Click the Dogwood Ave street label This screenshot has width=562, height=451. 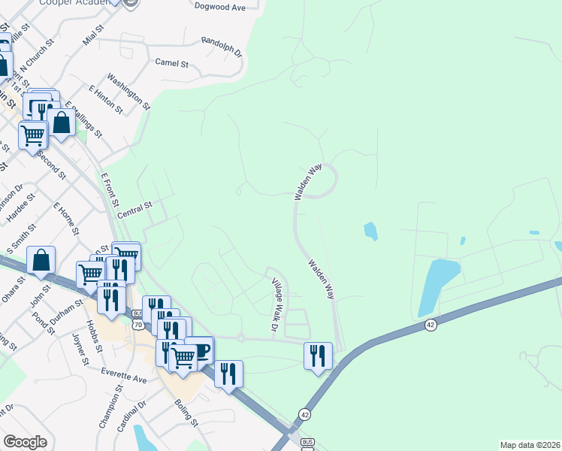(220, 8)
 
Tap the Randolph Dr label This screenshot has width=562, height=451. (222, 48)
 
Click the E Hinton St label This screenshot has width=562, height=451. (105, 99)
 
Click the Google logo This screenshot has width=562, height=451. (24, 442)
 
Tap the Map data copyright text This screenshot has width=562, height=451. (530, 444)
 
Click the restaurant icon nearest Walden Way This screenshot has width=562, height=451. (318, 355)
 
